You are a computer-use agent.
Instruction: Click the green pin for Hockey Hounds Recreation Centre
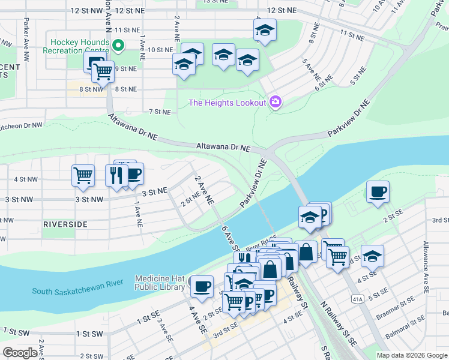[119, 44]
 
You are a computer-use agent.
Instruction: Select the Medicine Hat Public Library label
[159, 283]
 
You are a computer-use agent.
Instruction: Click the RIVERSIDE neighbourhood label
[65, 224]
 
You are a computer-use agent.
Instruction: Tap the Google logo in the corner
[20, 353]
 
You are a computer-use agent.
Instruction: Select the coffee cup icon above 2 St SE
[378, 192]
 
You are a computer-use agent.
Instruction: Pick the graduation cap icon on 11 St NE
[264, 29]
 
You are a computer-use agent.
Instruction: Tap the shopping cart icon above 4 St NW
[83, 175]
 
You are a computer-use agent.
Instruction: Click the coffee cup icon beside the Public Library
[202, 286]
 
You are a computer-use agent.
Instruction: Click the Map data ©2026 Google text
[412, 355]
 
